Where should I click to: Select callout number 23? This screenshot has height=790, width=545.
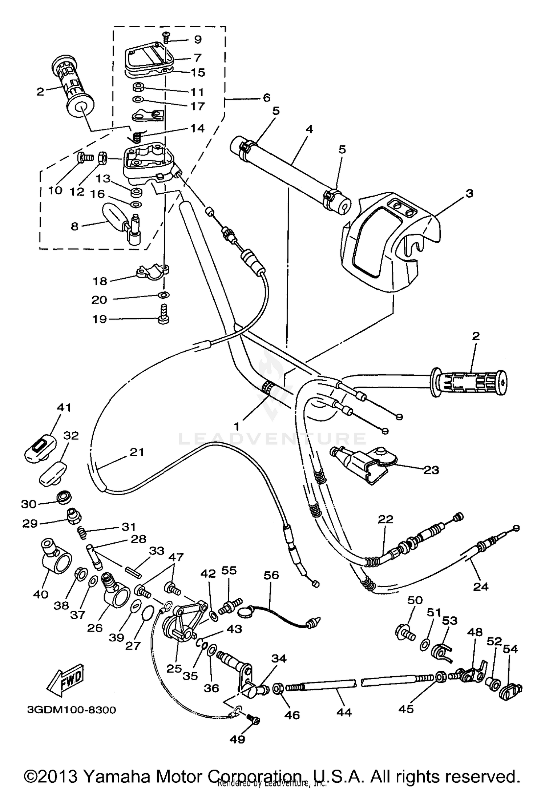(x=431, y=470)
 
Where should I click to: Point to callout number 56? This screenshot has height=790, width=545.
(x=271, y=575)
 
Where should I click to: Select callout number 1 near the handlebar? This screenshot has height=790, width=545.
(x=237, y=426)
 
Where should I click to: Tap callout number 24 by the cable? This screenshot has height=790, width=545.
(x=481, y=586)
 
